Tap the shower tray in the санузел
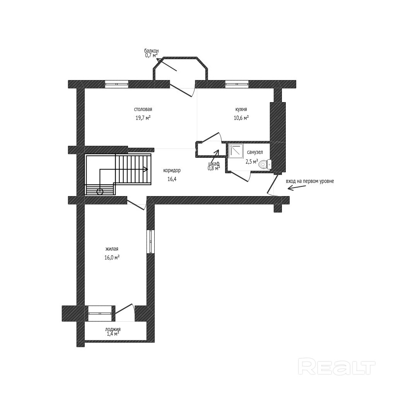235,151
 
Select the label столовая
143,109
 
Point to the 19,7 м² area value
143,118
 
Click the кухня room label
241,109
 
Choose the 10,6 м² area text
241,118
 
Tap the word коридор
172,170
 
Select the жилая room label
112,249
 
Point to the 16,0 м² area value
112,257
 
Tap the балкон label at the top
151,51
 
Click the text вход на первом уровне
309,181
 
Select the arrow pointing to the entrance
295,188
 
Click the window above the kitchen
236,83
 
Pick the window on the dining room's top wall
116,83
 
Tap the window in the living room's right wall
150,242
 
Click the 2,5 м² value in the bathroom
252,162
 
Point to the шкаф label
214,164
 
